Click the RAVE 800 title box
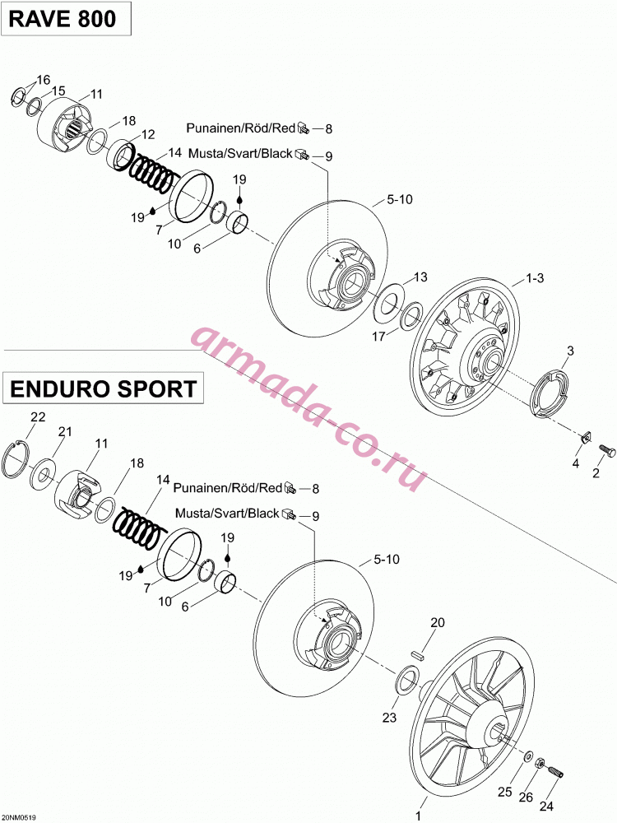coord(66,19)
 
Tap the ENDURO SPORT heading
coord(104,388)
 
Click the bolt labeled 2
coord(606,449)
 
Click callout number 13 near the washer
coord(420,277)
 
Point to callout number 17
coord(378,336)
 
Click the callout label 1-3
coord(535,277)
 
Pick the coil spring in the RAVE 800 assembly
coord(151,172)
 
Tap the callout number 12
coord(148,135)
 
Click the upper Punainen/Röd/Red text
coord(241,128)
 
